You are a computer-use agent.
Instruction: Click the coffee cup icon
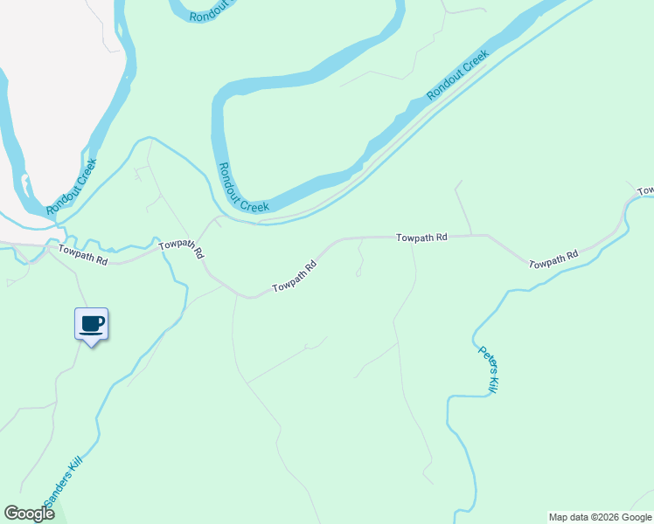tap(91, 323)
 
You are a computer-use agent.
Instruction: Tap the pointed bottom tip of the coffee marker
tap(91, 346)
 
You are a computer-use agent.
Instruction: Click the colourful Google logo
tap(29, 514)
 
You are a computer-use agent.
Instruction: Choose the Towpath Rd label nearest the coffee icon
tap(83, 255)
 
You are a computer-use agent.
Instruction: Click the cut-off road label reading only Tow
tap(645, 190)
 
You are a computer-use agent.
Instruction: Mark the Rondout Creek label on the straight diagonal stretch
tap(456, 75)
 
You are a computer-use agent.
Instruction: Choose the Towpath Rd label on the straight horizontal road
tap(421, 237)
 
